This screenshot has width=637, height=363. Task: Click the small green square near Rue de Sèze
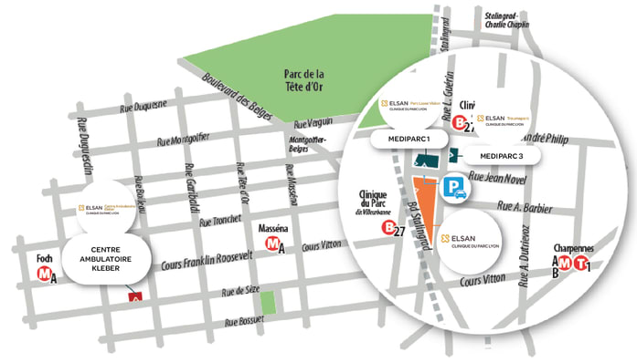267,302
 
